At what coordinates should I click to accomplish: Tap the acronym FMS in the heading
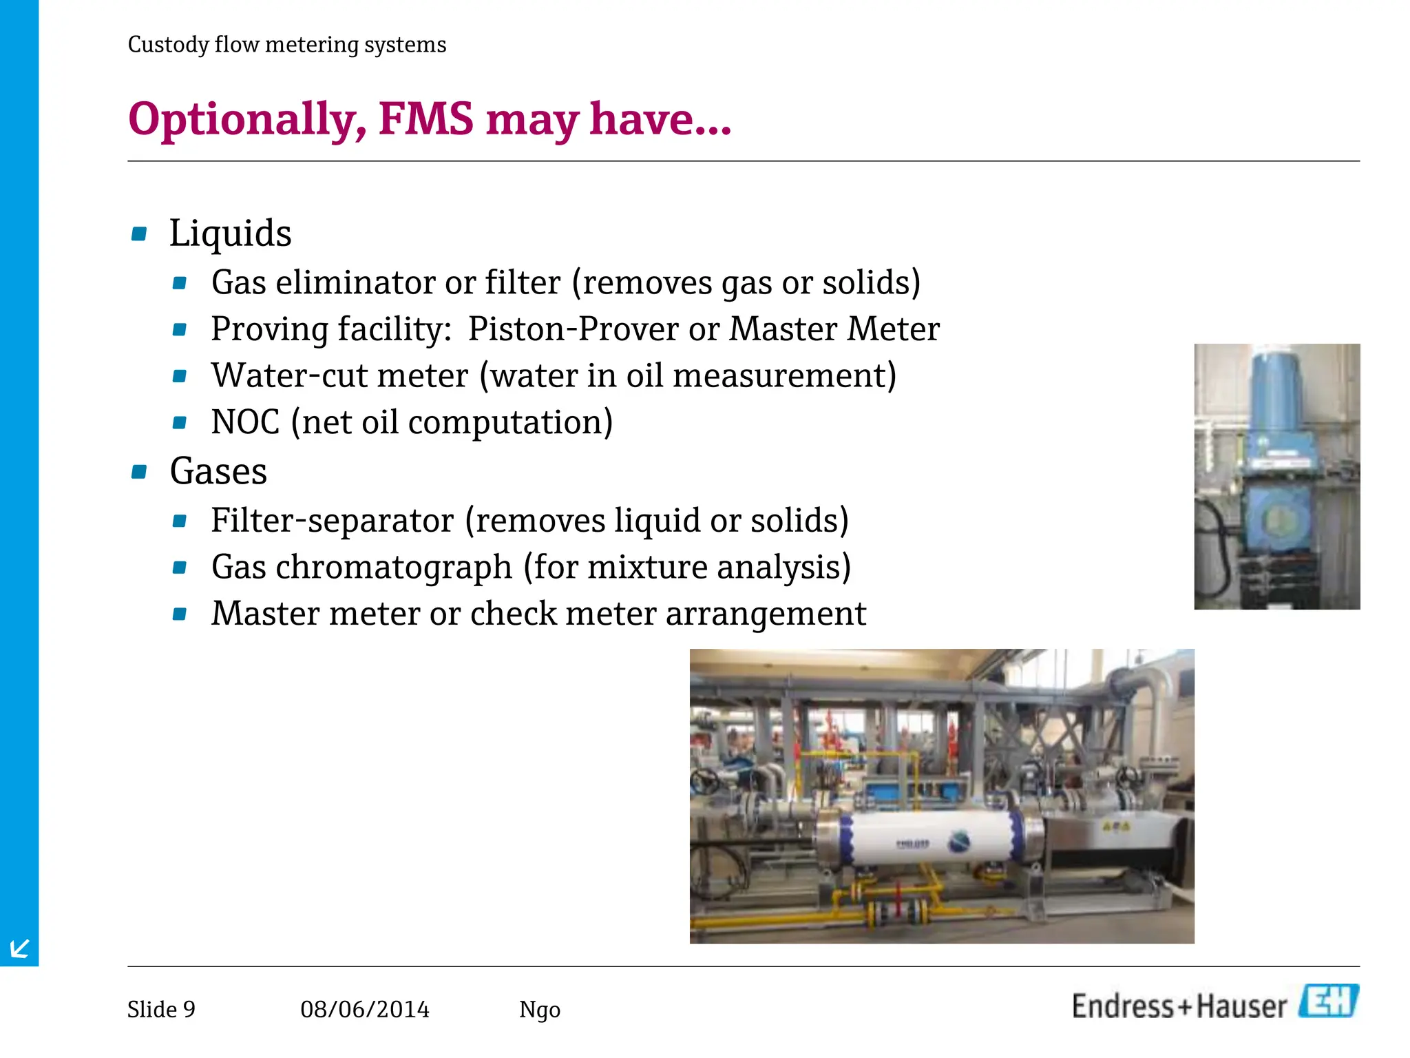426,118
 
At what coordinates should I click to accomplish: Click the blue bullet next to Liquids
139,234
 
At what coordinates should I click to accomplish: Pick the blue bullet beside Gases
139,472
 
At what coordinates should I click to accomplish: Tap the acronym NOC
245,422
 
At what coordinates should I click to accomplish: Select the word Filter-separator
333,520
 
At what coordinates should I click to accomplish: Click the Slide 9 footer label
161,1009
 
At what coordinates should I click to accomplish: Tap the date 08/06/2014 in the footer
365,1009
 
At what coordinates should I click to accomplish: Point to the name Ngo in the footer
540,1010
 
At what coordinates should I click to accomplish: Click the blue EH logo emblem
1329,1002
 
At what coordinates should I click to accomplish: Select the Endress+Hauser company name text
1179,1006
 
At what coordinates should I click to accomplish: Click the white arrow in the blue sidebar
19,948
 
